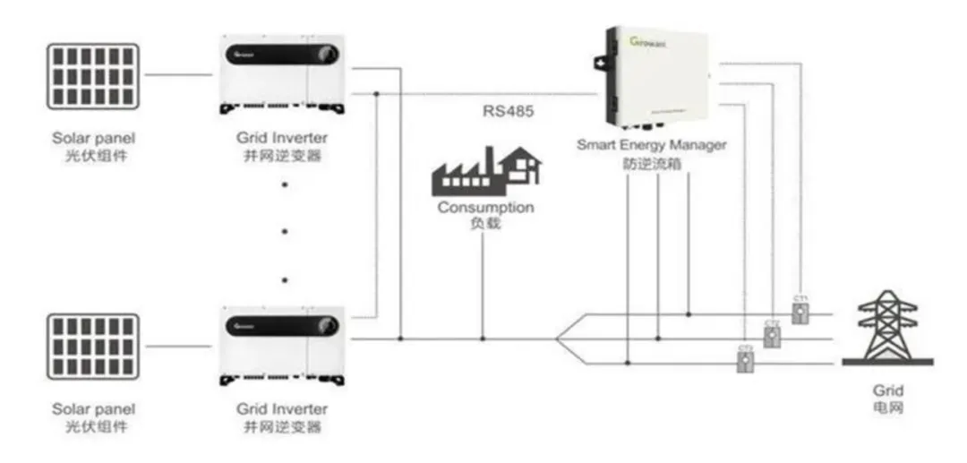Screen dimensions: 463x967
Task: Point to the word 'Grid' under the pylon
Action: [887, 391]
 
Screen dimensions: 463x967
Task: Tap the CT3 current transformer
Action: [744, 361]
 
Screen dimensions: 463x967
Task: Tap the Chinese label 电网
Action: [887, 407]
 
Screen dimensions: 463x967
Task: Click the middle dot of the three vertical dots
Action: [285, 231]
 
